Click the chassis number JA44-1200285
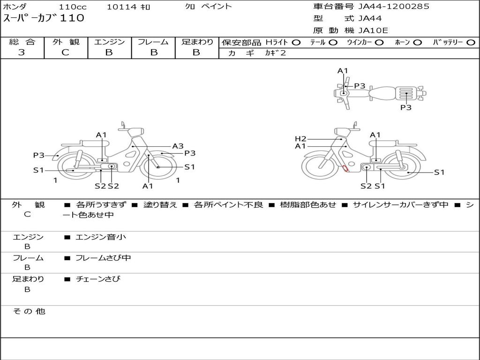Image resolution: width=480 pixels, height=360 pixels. pos(394,7)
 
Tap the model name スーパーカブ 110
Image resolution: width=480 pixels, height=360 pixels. pos(44,18)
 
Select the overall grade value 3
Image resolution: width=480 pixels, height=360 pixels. pos(22,52)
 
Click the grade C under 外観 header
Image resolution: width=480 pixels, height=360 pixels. pos(65,52)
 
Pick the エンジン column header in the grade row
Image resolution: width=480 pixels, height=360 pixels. pos(109,42)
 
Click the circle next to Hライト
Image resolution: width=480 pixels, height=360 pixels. pos(296,43)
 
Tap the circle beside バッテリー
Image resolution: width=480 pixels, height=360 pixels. pos(471,43)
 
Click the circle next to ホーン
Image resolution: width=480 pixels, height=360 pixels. pos(417,43)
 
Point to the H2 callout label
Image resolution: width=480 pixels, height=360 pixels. pos(300,139)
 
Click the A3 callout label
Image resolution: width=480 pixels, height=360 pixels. pos(178,146)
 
